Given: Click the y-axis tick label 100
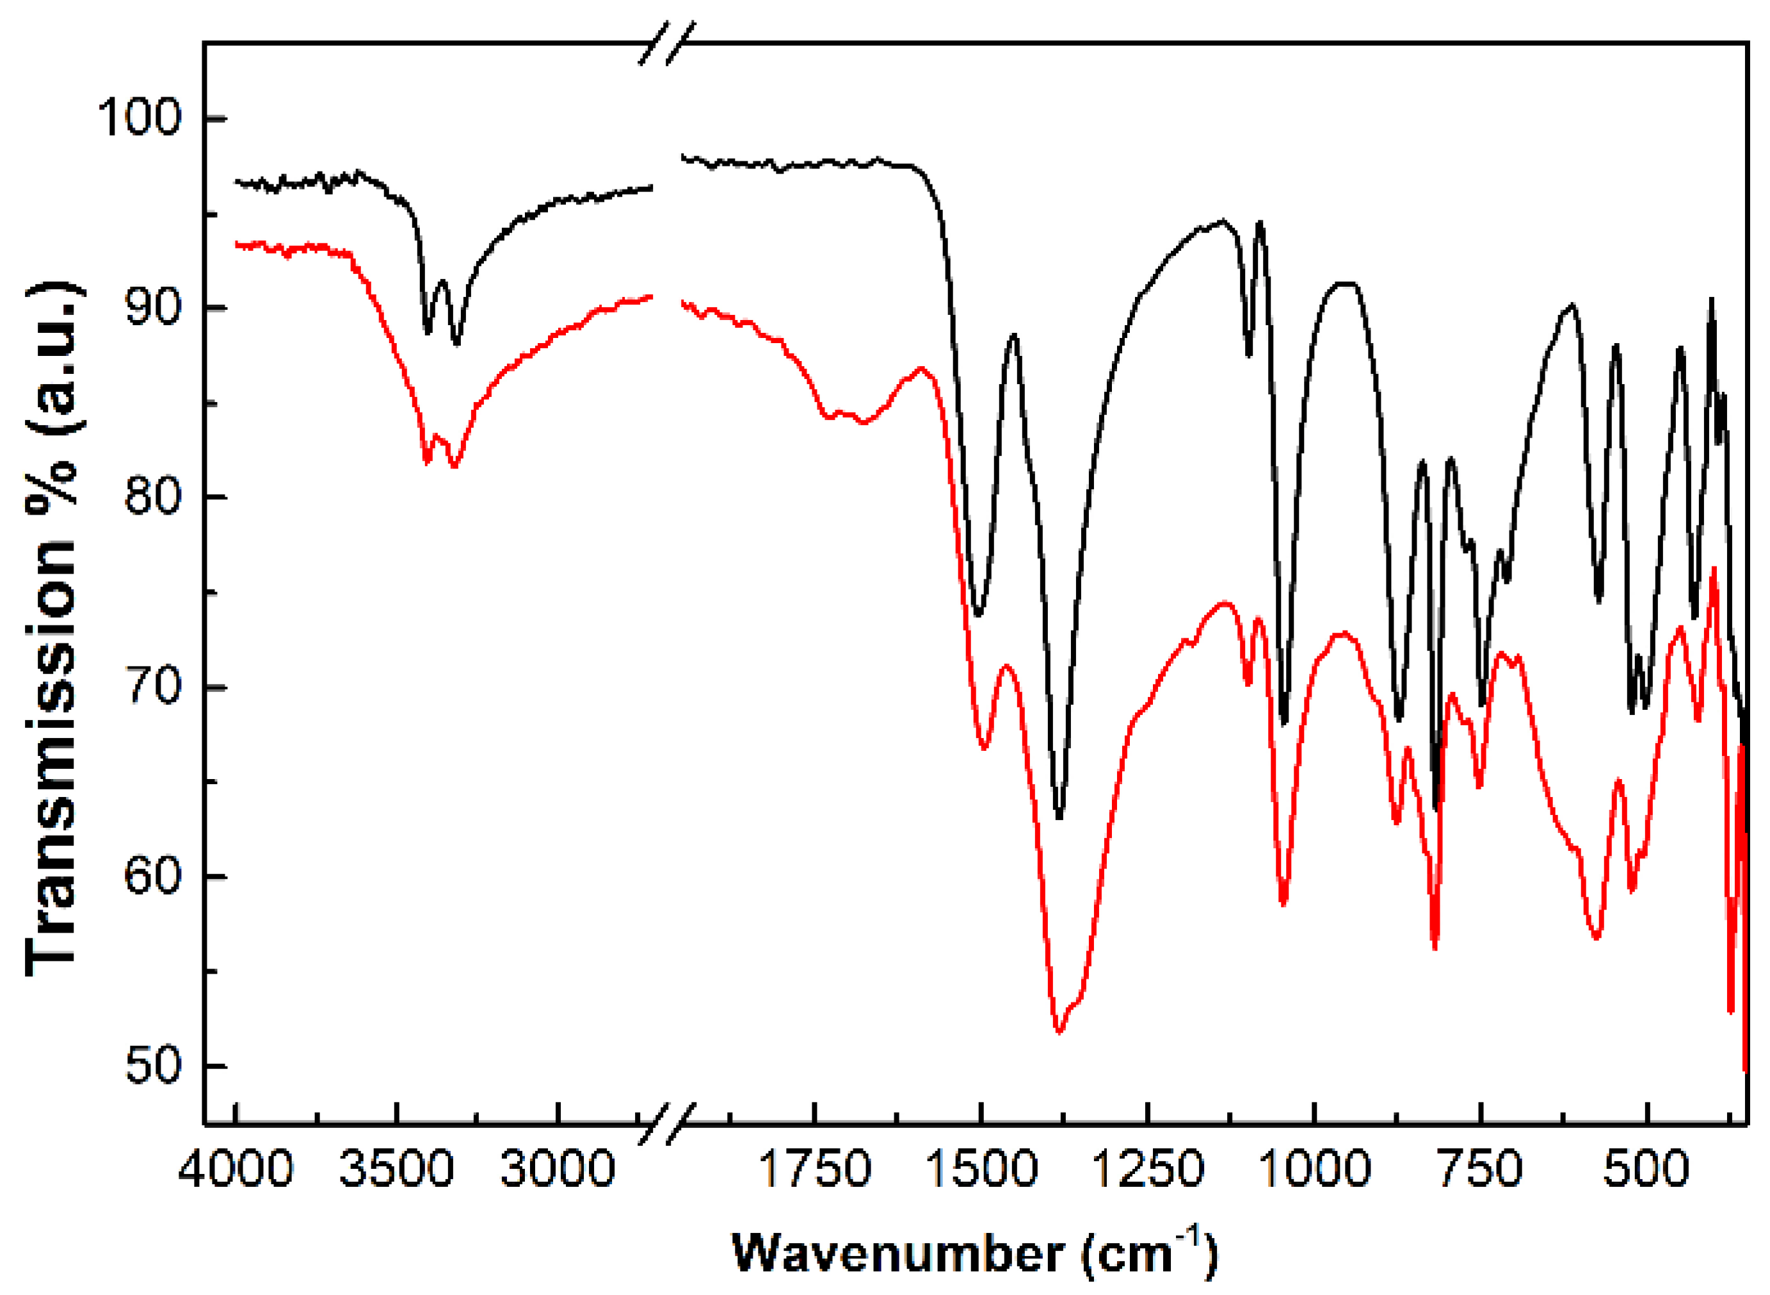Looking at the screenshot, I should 139,118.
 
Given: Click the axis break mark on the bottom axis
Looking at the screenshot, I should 667,1124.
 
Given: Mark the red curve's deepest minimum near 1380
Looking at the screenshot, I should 1059,1033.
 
